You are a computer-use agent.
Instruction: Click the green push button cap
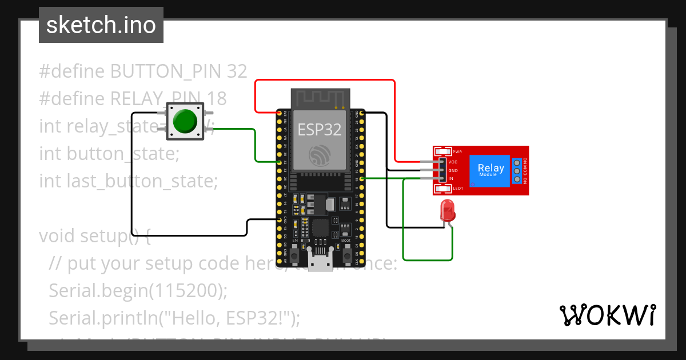tap(184, 121)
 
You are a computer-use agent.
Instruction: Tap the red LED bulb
tap(447, 211)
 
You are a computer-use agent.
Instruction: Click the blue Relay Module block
tap(490, 170)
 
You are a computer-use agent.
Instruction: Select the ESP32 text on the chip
tap(319, 130)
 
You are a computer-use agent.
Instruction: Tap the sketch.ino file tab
tap(101, 25)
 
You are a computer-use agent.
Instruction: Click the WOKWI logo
tap(607, 315)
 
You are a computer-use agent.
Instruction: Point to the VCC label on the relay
tap(453, 162)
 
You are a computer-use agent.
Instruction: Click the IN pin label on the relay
tap(450, 179)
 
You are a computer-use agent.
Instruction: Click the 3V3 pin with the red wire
tap(280, 114)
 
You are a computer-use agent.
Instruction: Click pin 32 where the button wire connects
tap(280, 162)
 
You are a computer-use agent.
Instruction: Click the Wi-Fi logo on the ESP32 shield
tap(319, 155)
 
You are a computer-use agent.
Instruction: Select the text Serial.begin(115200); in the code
tap(138, 290)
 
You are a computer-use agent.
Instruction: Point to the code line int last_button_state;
tap(129, 181)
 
